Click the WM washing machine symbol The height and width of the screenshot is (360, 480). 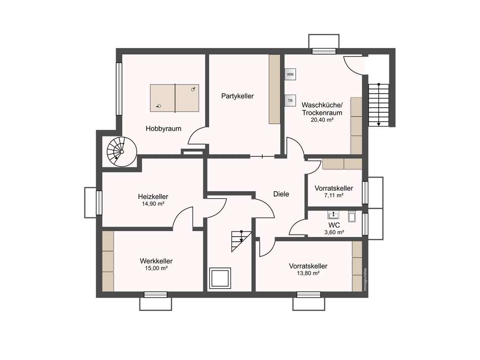click(x=290, y=74)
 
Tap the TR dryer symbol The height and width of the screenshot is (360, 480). click(x=290, y=101)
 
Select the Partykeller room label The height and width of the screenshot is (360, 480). click(x=237, y=96)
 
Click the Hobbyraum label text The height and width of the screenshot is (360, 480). click(x=164, y=129)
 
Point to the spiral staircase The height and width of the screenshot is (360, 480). click(x=122, y=152)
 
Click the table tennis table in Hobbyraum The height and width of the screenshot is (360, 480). click(x=174, y=98)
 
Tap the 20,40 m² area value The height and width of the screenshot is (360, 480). click(x=322, y=120)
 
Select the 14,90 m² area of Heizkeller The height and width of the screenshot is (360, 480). click(x=153, y=204)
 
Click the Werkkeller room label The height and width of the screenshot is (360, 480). click(x=156, y=261)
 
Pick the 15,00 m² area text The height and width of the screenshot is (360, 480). click(x=156, y=268)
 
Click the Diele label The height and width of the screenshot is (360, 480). click(x=281, y=194)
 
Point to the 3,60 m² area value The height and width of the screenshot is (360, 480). click(x=334, y=233)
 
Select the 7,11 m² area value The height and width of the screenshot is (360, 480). click(x=333, y=196)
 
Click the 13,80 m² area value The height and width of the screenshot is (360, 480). click(x=308, y=274)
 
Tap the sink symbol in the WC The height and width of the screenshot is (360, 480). click(x=333, y=214)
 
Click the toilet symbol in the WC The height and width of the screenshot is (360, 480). click(x=352, y=216)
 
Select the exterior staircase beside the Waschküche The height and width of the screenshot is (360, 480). click(x=378, y=105)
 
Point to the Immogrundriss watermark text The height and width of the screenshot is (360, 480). click(x=365, y=280)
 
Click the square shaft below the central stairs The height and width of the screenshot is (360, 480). click(x=219, y=278)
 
